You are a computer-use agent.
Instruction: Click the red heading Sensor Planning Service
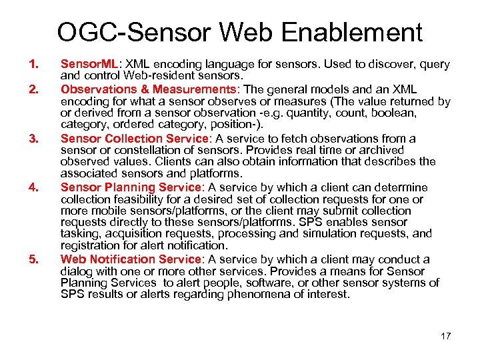point(131,187)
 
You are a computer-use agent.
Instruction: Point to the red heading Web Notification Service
point(132,259)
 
